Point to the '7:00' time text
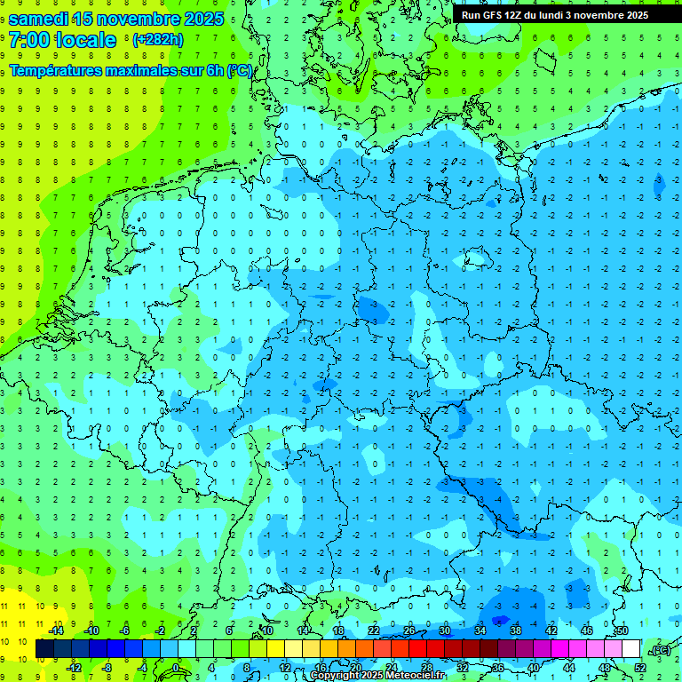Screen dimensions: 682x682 [x=29, y=40]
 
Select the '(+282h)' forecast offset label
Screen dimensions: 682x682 [x=157, y=40]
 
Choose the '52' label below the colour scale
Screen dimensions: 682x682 [x=640, y=667]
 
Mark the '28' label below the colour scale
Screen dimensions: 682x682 [x=427, y=667]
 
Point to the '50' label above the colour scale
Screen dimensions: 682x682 [x=622, y=630]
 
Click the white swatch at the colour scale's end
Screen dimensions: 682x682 [x=630, y=649]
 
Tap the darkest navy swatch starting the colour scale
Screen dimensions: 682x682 [x=44, y=649]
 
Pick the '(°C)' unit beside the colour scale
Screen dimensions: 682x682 [x=660, y=649]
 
